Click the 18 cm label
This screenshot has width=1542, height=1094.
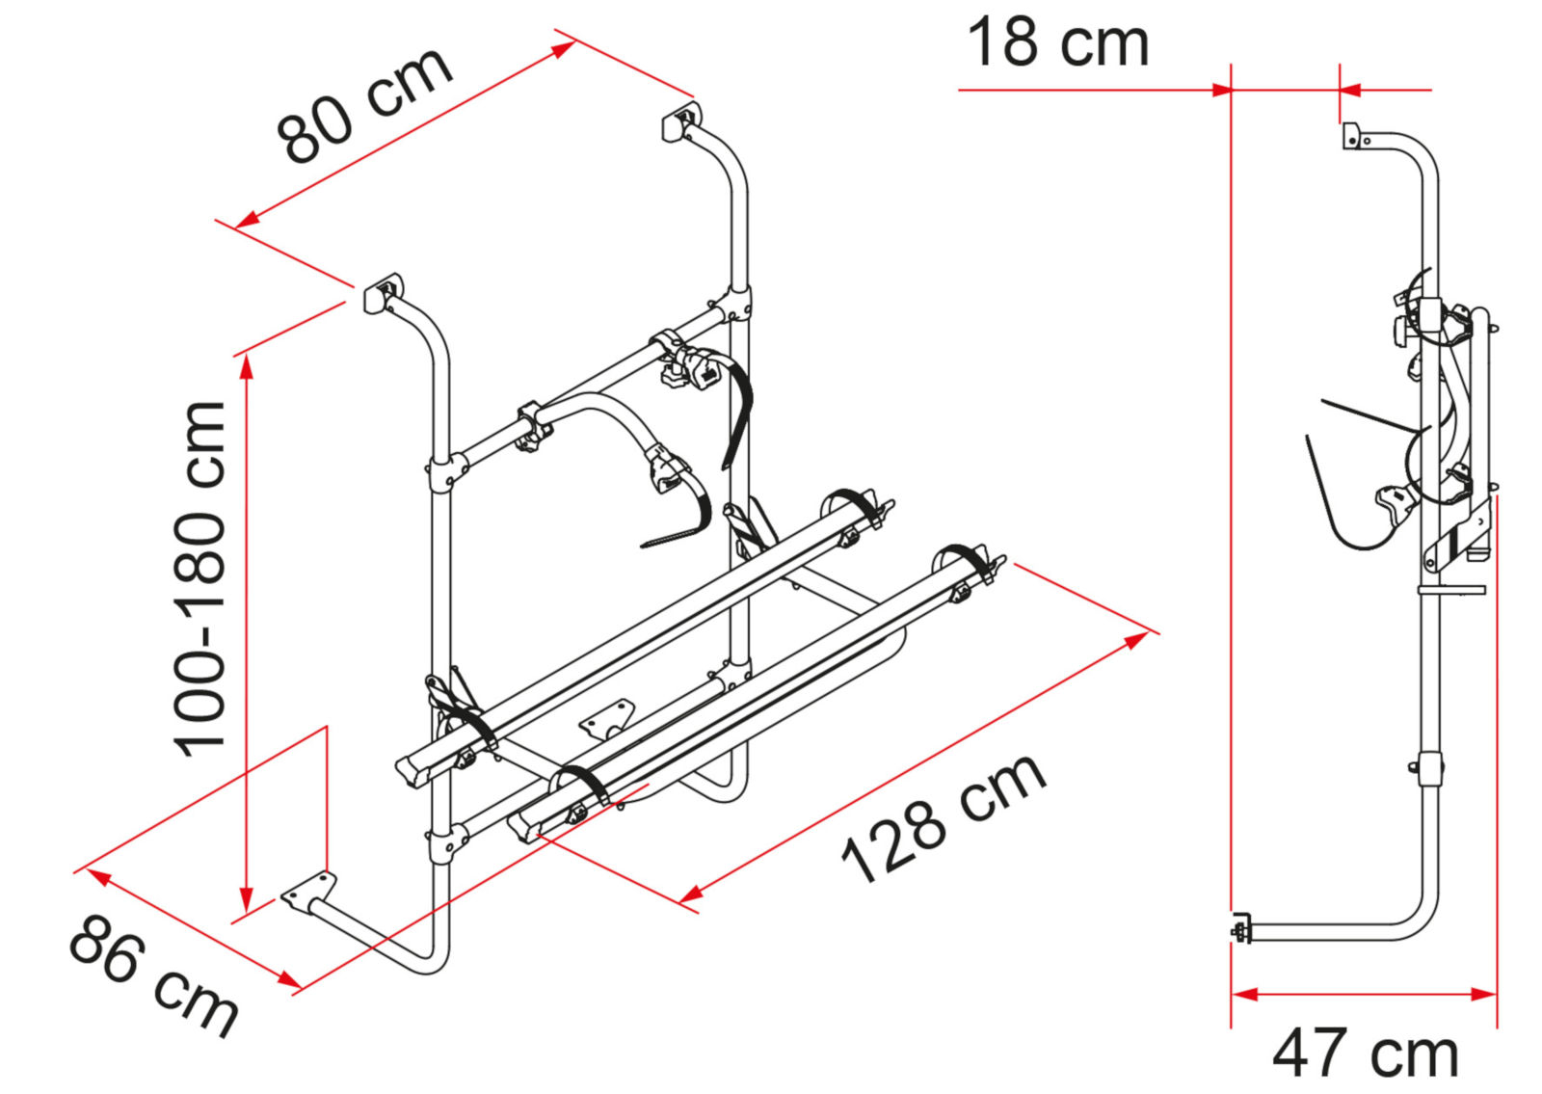pos(1057,44)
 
